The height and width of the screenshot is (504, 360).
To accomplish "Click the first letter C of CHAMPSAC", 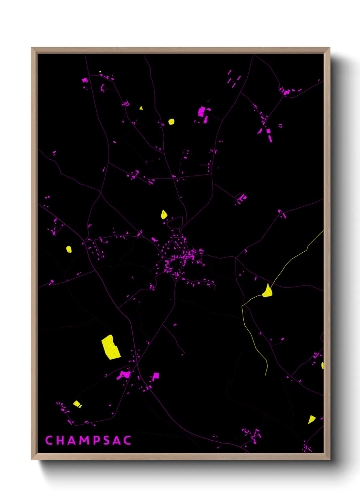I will [x=49, y=440].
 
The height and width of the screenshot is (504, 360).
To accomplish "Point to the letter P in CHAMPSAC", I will [x=97, y=440].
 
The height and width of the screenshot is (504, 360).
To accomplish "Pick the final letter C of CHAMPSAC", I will [x=127, y=440].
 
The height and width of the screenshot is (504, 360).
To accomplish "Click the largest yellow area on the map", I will [x=111, y=347].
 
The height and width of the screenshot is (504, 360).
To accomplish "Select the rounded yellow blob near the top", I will [x=171, y=122].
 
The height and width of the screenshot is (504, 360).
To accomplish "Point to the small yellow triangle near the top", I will [x=141, y=108].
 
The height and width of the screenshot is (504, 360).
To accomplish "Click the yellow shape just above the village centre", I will [x=164, y=215].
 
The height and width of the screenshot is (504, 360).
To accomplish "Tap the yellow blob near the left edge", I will [x=69, y=249].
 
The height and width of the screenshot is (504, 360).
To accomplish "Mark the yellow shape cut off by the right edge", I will [x=322, y=366].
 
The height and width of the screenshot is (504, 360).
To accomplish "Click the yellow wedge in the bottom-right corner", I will [x=311, y=419].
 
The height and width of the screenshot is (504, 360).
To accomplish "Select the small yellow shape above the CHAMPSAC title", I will [x=77, y=404].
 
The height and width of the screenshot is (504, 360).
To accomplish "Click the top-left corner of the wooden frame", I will [x=32, y=48].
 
